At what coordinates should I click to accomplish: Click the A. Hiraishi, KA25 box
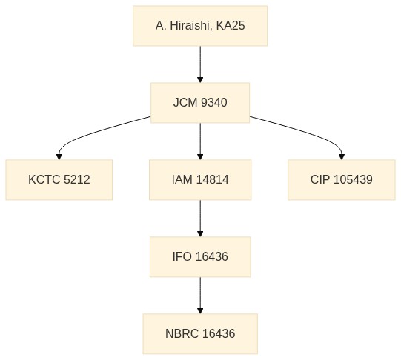(x=200, y=26)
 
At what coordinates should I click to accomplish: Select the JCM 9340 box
(x=200, y=103)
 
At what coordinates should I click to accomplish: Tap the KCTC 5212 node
(x=59, y=179)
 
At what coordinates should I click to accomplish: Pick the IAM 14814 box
(x=200, y=179)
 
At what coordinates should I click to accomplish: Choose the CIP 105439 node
(x=342, y=179)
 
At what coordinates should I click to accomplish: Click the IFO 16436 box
(x=200, y=257)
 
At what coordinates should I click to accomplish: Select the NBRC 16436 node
(x=200, y=333)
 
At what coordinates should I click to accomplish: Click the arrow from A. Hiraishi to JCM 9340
(x=200, y=64)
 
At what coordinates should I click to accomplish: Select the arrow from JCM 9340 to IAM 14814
(x=200, y=141)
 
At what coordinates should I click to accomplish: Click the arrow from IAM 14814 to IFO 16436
(x=200, y=219)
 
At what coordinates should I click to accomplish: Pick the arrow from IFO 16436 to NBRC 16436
(x=200, y=296)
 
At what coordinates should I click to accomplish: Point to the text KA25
(x=231, y=26)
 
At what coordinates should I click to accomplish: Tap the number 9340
(x=214, y=103)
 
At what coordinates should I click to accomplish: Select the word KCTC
(x=44, y=179)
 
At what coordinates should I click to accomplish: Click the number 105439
(x=353, y=179)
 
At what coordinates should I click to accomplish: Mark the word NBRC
(x=182, y=333)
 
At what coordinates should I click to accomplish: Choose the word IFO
(x=182, y=257)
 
